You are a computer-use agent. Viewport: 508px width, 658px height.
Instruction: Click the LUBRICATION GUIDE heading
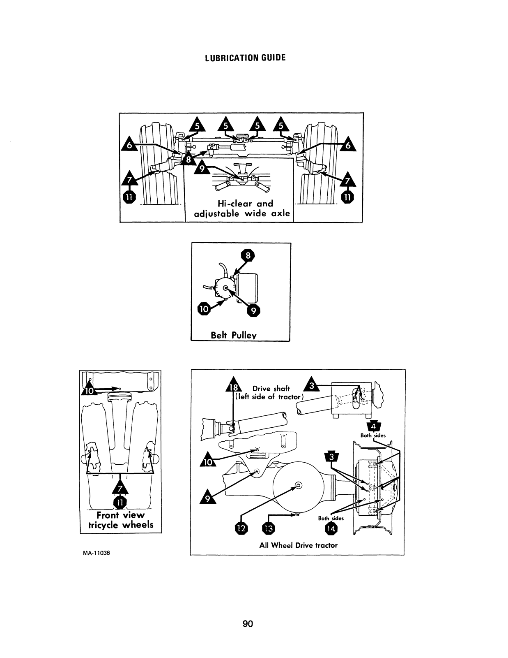click(x=245, y=58)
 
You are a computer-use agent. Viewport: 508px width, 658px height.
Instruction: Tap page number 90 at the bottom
click(x=248, y=624)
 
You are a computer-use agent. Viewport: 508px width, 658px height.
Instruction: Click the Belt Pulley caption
click(x=234, y=335)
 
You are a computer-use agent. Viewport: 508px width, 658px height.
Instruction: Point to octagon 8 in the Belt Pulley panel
click(x=248, y=256)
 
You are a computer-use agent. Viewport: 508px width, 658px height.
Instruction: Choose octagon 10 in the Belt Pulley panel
click(x=204, y=309)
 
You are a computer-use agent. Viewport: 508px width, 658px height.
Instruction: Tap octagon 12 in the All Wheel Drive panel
click(x=241, y=528)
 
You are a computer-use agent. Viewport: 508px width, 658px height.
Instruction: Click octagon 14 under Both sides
click(x=330, y=528)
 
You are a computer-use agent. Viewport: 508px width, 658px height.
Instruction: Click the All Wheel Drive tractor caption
click(x=298, y=545)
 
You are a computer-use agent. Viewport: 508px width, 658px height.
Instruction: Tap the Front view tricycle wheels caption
click(x=121, y=520)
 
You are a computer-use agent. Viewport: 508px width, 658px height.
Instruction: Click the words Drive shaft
click(x=271, y=389)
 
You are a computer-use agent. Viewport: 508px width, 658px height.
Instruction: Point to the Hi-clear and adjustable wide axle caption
click(x=242, y=209)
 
